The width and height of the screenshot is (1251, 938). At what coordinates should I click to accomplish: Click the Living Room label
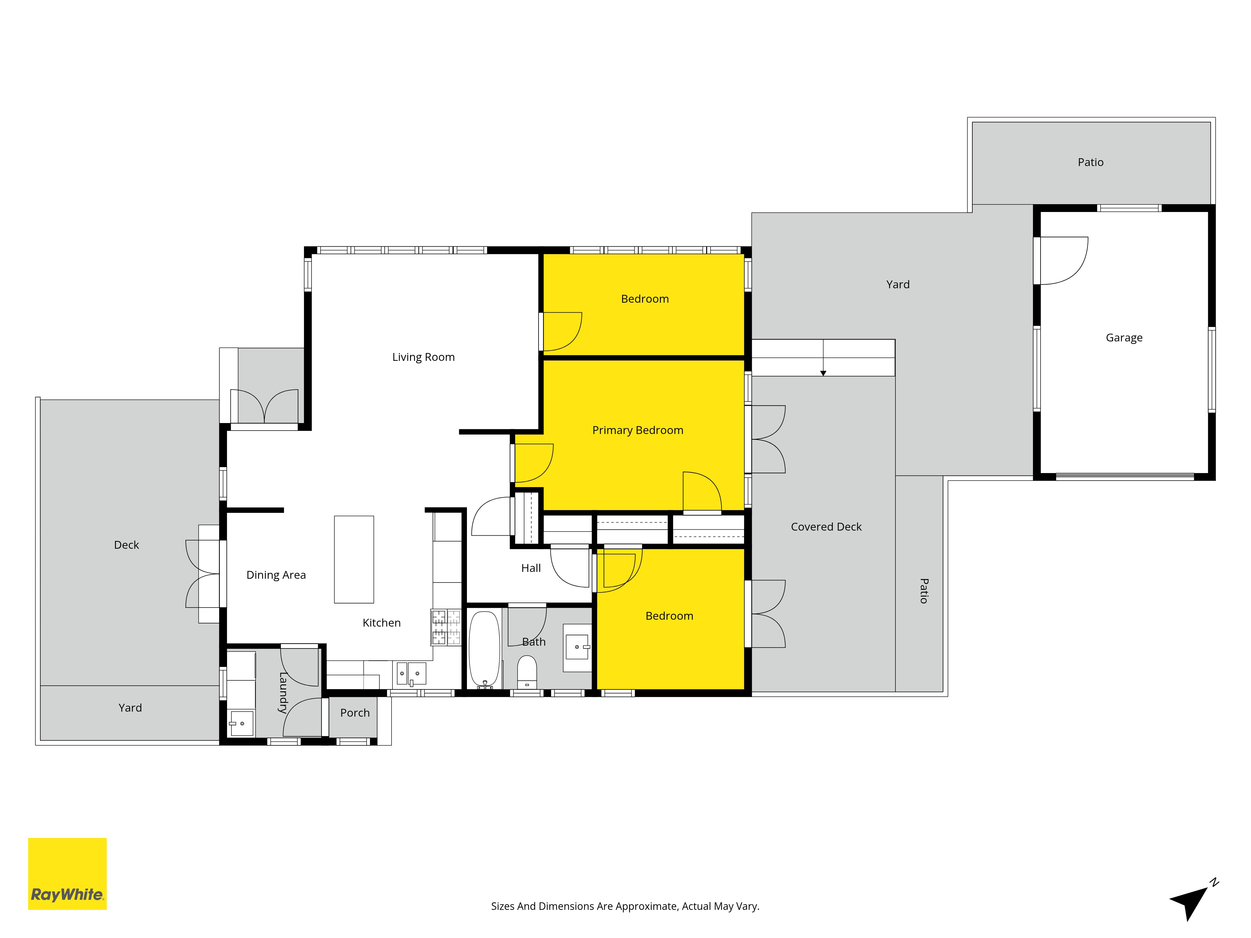coord(423,357)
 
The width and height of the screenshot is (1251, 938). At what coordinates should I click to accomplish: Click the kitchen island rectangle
coord(354,559)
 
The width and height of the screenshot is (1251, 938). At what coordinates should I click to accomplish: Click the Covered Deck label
coord(826,527)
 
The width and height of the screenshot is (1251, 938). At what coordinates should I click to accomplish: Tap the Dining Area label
coord(276,575)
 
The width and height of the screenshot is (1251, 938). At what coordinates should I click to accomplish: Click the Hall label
coord(531,568)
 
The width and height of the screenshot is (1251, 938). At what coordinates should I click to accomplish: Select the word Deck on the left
coord(126,545)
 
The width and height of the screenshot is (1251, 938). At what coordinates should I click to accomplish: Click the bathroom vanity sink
coord(577,647)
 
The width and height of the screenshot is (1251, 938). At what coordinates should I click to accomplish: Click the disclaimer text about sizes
coord(625,906)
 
